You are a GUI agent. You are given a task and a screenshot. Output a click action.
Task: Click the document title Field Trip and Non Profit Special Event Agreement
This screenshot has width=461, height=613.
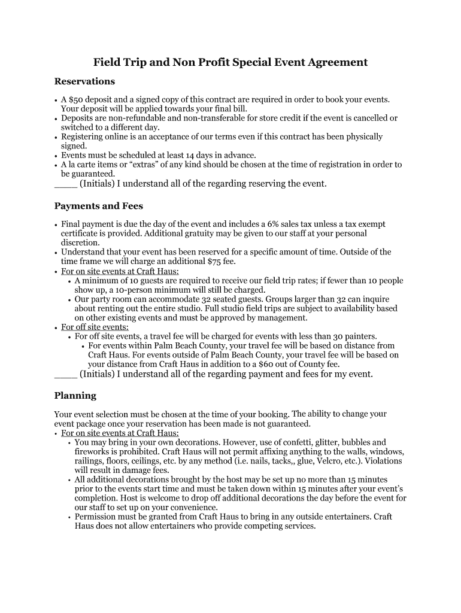[230, 62]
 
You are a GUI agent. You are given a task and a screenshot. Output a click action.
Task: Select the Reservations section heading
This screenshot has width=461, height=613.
[84, 81]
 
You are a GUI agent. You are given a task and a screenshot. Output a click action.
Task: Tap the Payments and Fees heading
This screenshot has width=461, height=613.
[98, 206]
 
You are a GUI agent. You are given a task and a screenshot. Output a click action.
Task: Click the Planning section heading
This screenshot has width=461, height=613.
[75, 396]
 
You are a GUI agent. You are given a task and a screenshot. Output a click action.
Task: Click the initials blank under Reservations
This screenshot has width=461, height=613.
[65, 184]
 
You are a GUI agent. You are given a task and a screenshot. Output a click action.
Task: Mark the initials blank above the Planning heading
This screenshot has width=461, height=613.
[65, 374]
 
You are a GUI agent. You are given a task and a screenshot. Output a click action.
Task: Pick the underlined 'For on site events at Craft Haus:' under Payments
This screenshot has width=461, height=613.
[120, 271]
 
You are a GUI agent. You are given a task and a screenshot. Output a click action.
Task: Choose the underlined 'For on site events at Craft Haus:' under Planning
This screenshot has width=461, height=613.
[120, 433]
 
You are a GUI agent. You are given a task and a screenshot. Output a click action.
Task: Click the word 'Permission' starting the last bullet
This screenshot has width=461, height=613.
[96, 517]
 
